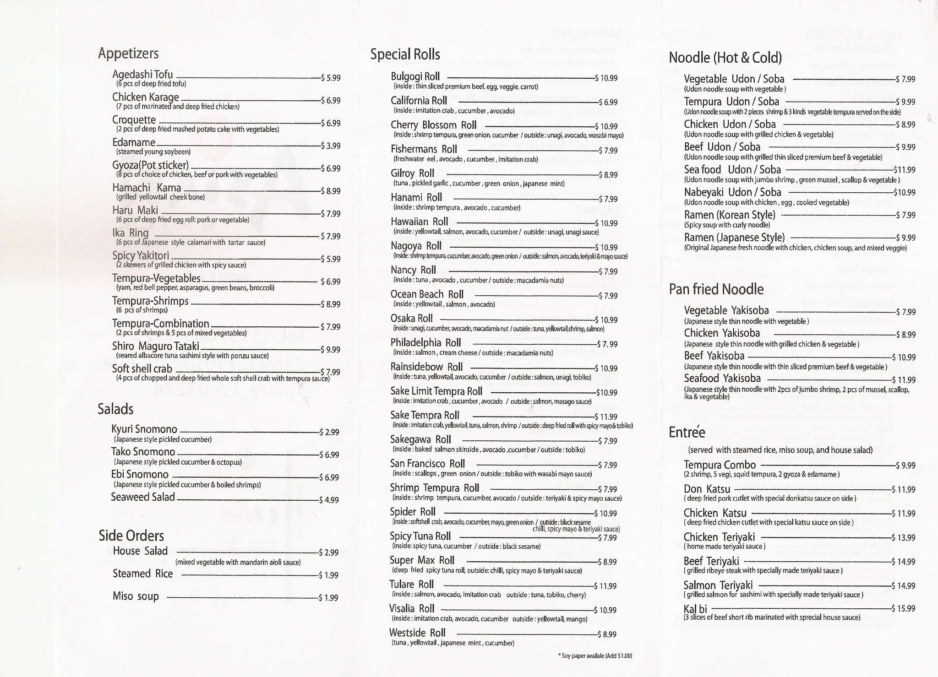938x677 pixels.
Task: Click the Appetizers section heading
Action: point(128,54)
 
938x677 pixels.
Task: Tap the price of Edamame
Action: point(330,146)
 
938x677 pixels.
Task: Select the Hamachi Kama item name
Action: point(147,188)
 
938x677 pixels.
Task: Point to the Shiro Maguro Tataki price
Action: point(330,350)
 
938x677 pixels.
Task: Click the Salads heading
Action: point(115,409)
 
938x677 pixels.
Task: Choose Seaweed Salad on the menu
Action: point(143,497)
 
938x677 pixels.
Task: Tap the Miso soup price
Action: point(328,598)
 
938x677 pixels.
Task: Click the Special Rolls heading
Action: point(405,54)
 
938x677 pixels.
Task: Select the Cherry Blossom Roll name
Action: point(433,125)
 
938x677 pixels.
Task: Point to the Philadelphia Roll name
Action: point(425,343)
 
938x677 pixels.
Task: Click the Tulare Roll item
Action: point(411,585)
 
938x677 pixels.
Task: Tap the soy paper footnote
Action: point(595,656)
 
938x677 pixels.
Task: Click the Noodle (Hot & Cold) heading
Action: point(725,58)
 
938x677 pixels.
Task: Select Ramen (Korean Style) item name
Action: point(730,215)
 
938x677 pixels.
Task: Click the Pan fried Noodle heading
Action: point(716,289)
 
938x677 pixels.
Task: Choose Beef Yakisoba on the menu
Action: point(714,356)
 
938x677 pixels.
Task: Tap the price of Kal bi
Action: point(903,609)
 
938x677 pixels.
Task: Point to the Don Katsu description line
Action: point(770,498)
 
